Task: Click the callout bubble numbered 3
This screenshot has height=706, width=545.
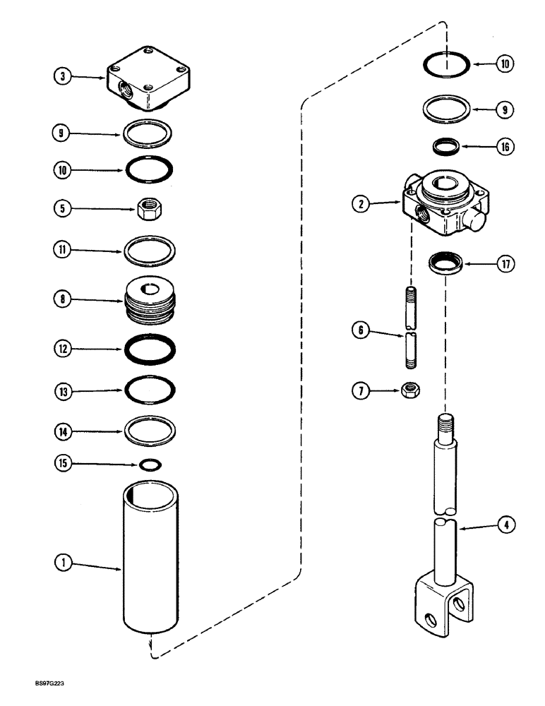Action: click(x=64, y=78)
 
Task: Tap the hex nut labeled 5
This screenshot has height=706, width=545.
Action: click(x=148, y=208)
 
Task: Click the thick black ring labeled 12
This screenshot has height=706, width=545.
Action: click(x=149, y=349)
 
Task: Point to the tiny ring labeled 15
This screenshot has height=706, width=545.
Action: click(x=149, y=465)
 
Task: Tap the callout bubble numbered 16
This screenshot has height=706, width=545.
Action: click(x=504, y=147)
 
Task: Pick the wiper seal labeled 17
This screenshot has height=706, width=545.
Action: click(x=448, y=266)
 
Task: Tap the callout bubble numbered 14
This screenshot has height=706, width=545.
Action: click(x=64, y=429)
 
